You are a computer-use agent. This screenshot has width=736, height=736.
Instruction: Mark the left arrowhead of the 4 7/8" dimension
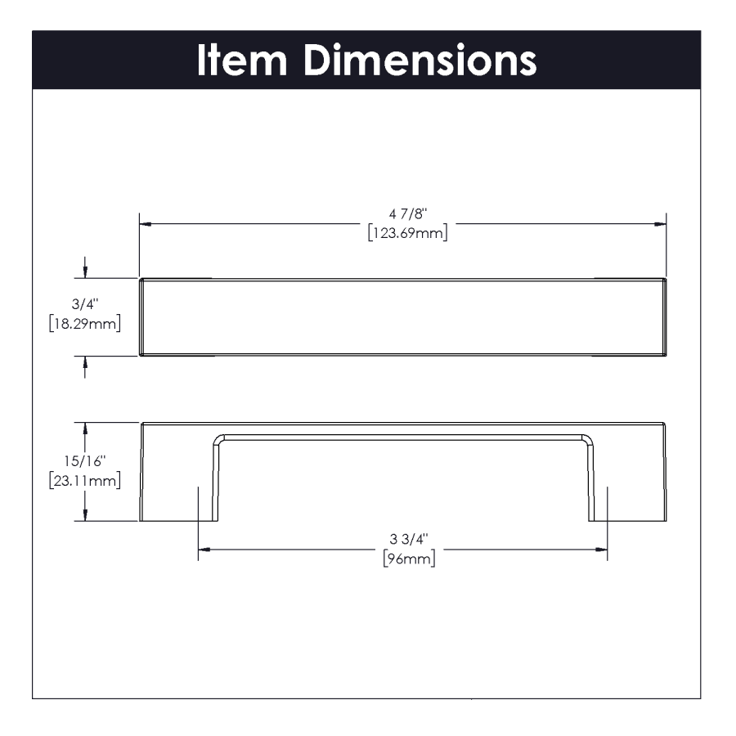[x=145, y=222]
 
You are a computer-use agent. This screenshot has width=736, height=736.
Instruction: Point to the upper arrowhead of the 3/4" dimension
[x=86, y=272]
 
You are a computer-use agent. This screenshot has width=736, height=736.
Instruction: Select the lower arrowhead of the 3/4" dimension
[x=86, y=361]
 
